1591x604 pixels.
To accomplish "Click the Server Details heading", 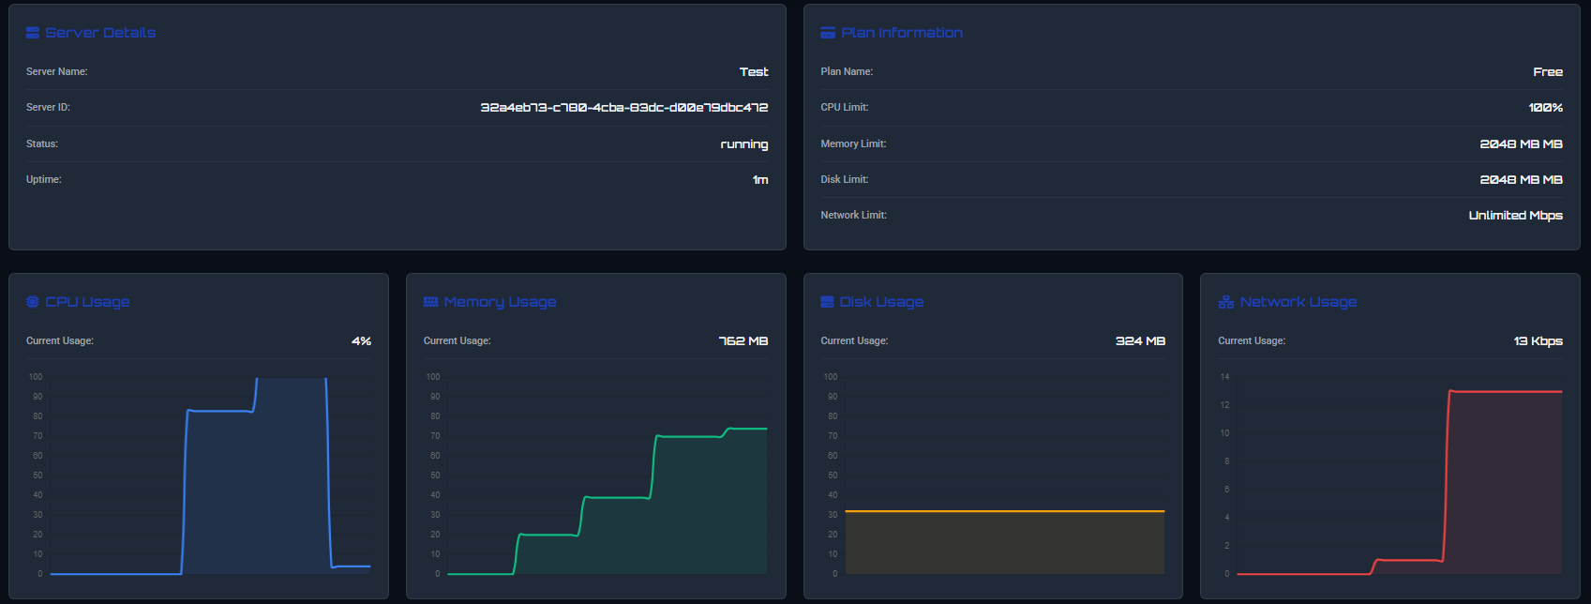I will tap(99, 33).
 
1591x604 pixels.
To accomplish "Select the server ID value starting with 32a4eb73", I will tap(623, 108).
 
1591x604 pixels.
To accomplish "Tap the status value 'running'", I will tap(743, 144).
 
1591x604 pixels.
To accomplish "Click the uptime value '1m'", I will tap(759, 180).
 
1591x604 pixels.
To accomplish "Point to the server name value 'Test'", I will tap(753, 72).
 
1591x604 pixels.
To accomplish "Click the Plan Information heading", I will tap(901, 33).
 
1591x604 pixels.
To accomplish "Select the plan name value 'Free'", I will tap(1547, 72).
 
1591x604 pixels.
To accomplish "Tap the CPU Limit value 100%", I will tap(1545, 108).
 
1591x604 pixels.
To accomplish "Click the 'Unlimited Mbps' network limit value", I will tap(1515, 216).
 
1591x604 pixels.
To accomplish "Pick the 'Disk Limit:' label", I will tap(844, 179).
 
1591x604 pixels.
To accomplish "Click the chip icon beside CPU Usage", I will tap(33, 302).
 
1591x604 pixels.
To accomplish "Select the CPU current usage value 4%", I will tap(361, 341).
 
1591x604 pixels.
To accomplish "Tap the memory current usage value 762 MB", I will tap(743, 341).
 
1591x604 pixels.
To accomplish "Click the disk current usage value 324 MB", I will tap(1140, 341).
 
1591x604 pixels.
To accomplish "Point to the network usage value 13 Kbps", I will tap(1538, 341).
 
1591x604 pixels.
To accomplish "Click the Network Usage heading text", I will tap(1298, 302).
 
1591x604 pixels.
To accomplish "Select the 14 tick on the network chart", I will tap(1224, 377).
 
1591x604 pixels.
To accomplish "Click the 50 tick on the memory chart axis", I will tap(435, 476).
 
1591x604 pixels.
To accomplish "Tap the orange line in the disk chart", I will tap(1003, 511).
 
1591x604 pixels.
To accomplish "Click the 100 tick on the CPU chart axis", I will tap(36, 377).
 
